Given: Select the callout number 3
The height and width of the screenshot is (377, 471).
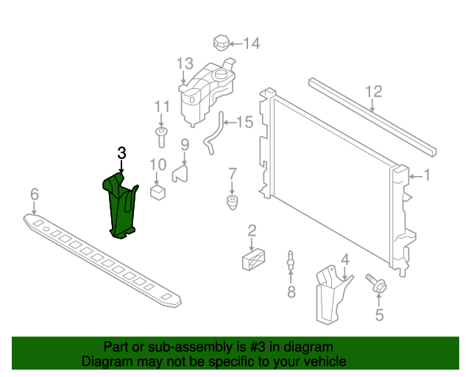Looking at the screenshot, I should (x=122, y=153).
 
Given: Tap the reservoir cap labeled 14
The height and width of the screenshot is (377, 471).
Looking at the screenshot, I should (x=223, y=42).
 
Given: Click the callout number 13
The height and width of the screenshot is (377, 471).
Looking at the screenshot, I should (x=184, y=63).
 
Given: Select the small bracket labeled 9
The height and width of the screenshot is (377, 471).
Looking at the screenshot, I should (x=181, y=172).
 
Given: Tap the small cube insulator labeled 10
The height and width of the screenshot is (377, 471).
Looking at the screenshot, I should (x=157, y=192).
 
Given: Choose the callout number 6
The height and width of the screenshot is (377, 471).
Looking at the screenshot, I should (x=34, y=194).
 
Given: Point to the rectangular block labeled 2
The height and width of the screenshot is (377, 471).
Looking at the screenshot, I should (x=252, y=259).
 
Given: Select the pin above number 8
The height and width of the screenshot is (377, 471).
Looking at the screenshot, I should (x=290, y=261).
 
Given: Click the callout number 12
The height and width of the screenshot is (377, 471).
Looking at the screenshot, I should (x=374, y=92).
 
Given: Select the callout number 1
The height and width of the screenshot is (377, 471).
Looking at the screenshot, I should (x=427, y=176).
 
